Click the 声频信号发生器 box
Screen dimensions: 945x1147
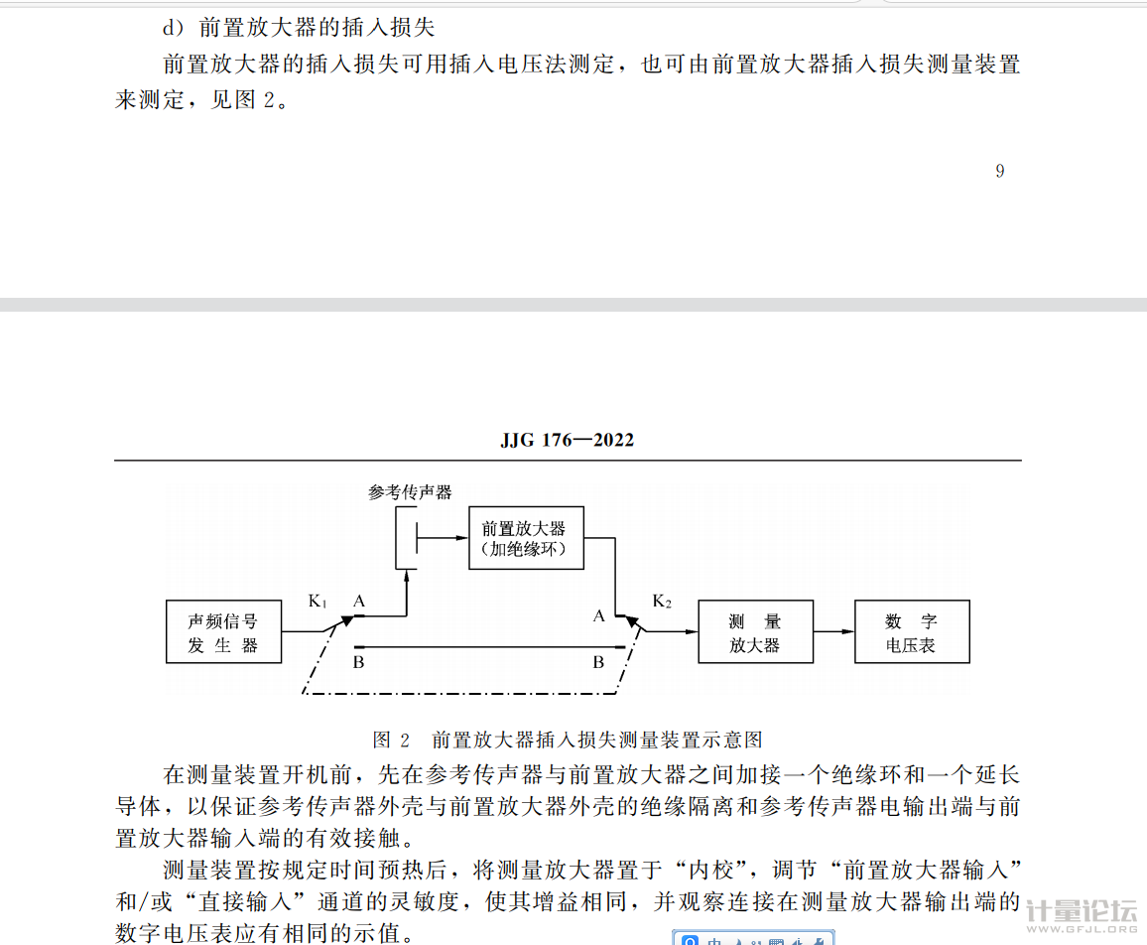tap(223, 632)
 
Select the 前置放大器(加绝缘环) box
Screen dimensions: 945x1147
tap(525, 539)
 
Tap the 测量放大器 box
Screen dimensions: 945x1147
tap(755, 632)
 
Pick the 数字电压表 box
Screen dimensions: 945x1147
tap(911, 632)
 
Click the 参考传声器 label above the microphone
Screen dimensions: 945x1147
tap(409, 492)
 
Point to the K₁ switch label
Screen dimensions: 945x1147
tap(318, 602)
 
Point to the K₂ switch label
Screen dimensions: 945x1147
tap(662, 602)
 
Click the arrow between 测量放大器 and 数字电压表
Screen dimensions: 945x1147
tap(833, 632)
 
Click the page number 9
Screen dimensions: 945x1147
tap(999, 171)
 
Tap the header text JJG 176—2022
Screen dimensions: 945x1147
tap(567, 440)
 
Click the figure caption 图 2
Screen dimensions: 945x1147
tap(391, 740)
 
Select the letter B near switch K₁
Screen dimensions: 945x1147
tap(359, 662)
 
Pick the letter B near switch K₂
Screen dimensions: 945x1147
tap(598, 662)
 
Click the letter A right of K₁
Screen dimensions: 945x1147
tap(359, 601)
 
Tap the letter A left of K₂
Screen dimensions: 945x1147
tap(598, 615)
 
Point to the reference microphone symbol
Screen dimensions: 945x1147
tap(407, 539)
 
